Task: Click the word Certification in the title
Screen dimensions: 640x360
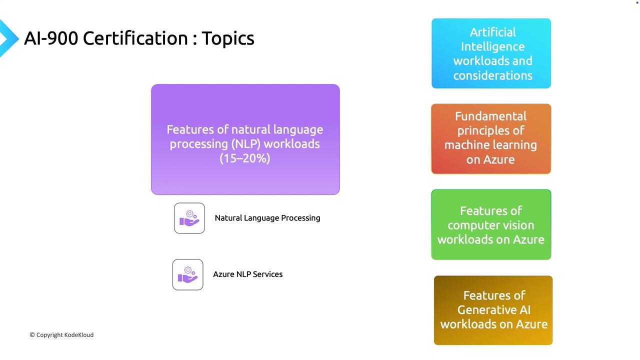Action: [x=135, y=38]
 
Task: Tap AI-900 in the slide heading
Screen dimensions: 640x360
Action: [x=51, y=38]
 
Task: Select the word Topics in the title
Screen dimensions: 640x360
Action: [x=228, y=39]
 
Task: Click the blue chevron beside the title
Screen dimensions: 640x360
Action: [x=8, y=38]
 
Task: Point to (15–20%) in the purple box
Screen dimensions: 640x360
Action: [x=245, y=158]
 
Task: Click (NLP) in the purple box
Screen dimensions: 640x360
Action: [x=245, y=144]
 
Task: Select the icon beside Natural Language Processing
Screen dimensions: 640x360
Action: [x=189, y=218]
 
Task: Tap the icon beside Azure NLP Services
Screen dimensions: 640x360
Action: [x=187, y=274]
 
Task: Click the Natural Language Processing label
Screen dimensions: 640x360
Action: [x=267, y=218]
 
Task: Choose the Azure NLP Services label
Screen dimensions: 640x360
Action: [x=247, y=274]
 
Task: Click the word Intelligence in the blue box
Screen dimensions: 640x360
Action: [x=493, y=47]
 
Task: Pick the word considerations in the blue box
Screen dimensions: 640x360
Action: [x=493, y=75]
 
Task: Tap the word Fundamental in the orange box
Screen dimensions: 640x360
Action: [x=491, y=116]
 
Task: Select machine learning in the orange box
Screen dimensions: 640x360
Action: [x=490, y=145]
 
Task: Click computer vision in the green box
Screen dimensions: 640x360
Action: [x=491, y=225]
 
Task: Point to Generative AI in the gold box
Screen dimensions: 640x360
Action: [x=494, y=310]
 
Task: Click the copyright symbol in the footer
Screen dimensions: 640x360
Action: [x=32, y=335]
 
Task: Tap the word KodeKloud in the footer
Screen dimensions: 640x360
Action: [x=79, y=335]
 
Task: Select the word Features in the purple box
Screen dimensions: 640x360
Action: [x=190, y=129]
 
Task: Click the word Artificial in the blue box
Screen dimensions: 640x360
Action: [x=493, y=32]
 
